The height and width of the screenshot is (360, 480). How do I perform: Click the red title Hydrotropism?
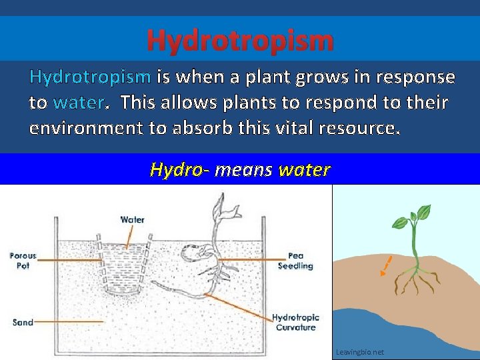[x=240, y=40]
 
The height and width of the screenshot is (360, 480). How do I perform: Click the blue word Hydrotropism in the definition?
[x=90, y=77]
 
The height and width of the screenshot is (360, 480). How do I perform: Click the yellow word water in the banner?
[x=304, y=170]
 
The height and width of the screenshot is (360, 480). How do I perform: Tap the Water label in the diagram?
[x=133, y=219]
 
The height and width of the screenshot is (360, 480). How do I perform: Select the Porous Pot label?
[x=23, y=261]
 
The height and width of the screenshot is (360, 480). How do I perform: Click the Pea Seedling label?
[x=295, y=261]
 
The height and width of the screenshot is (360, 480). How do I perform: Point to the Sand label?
[x=23, y=323]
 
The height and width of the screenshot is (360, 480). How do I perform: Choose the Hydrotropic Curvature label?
[x=295, y=322]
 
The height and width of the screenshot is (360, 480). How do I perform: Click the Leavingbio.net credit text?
[x=360, y=352]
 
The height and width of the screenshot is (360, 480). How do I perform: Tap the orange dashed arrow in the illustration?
[x=385, y=265]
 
